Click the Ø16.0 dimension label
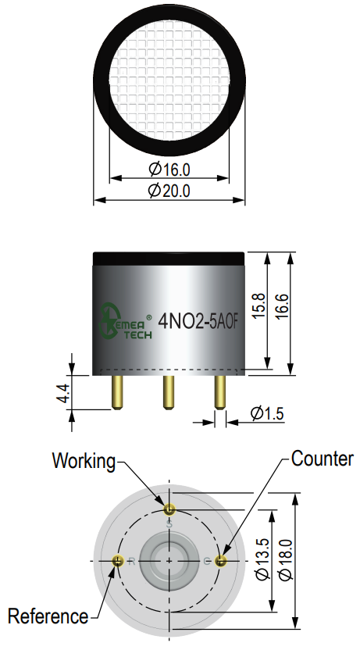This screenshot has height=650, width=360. click(169, 169)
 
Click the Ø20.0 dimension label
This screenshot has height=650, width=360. click(169, 191)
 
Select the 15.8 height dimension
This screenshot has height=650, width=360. click(258, 305)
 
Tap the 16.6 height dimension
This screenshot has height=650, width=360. click(281, 305)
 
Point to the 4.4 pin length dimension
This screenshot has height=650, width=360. click(63, 392)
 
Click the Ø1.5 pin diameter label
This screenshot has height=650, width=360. click(267, 413)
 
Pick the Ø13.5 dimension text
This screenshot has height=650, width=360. click(263, 559)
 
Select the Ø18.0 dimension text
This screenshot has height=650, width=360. click(286, 559)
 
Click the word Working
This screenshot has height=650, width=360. click(84, 462)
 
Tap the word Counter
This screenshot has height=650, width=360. click(323, 459)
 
